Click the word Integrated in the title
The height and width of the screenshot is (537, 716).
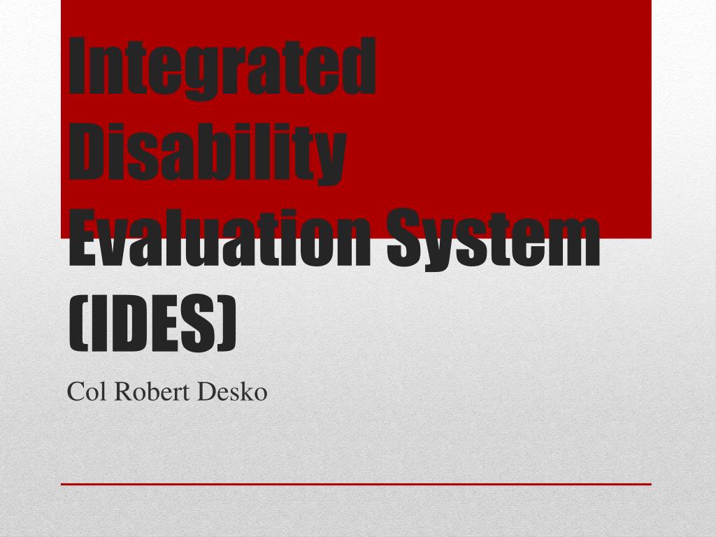tap(222, 68)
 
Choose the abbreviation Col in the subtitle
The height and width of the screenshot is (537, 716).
tap(85, 392)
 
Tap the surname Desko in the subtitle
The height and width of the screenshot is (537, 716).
tap(233, 392)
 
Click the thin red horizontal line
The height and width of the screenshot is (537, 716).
tap(356, 484)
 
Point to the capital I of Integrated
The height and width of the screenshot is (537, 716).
tap(80, 68)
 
